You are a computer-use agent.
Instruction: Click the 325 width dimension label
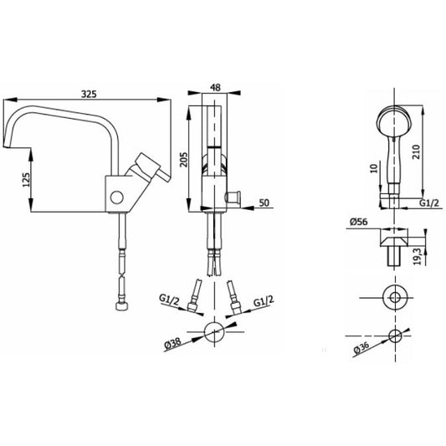[x=89, y=94]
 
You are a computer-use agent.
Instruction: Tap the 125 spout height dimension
[x=26, y=179]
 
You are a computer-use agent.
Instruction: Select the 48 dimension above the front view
[x=215, y=87]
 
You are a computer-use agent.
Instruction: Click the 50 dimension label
[x=264, y=202]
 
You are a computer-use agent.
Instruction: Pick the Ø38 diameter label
[x=172, y=343]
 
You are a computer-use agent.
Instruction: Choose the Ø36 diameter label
[x=361, y=348]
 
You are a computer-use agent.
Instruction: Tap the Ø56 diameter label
[x=359, y=222]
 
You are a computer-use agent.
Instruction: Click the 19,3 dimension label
[x=417, y=257]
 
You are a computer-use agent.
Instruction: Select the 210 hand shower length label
[x=416, y=151]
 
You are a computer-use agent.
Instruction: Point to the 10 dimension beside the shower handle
[x=374, y=168]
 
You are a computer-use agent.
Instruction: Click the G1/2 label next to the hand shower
[x=429, y=203]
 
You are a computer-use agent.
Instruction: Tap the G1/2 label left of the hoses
[x=169, y=300]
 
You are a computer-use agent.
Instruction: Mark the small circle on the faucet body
[x=116, y=198]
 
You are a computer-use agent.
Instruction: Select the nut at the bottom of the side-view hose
[x=122, y=306]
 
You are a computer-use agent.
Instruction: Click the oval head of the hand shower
[x=393, y=123]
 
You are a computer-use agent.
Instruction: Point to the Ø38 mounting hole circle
[x=214, y=331]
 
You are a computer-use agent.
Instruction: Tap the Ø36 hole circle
[x=395, y=336]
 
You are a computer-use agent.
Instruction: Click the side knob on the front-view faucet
[x=233, y=197]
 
